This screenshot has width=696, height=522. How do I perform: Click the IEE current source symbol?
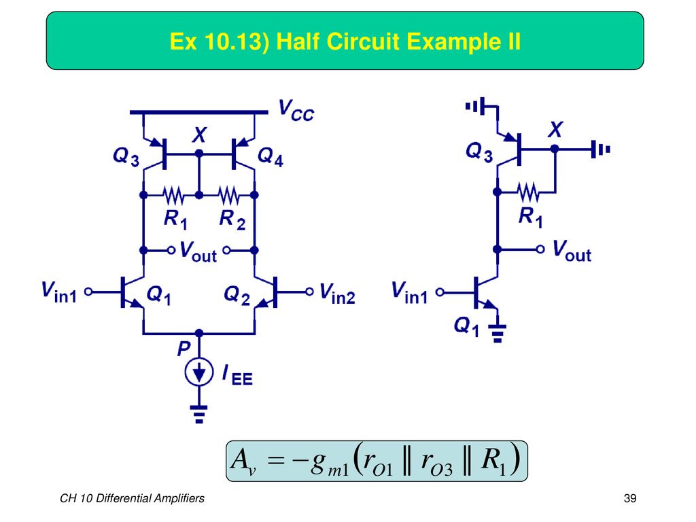199,372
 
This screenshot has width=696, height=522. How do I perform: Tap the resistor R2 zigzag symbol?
228,195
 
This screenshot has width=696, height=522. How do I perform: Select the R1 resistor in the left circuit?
173,195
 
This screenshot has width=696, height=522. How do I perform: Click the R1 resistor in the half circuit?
528,192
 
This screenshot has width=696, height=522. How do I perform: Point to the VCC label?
296,110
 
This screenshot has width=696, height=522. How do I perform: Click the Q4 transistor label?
271,157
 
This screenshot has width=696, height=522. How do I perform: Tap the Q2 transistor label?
237,295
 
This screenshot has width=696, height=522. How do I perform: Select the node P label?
184,349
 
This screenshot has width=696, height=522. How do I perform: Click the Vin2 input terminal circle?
309,292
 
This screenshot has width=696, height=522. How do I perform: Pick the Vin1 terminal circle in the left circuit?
88,292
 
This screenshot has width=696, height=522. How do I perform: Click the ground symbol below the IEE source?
199,414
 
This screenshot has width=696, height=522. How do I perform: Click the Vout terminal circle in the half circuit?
540,249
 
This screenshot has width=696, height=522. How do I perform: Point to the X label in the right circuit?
555,130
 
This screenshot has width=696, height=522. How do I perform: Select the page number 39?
630,498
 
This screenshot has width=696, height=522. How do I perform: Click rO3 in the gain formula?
436,462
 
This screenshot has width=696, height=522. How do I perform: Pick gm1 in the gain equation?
330,464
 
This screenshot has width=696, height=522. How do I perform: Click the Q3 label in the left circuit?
126,157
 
